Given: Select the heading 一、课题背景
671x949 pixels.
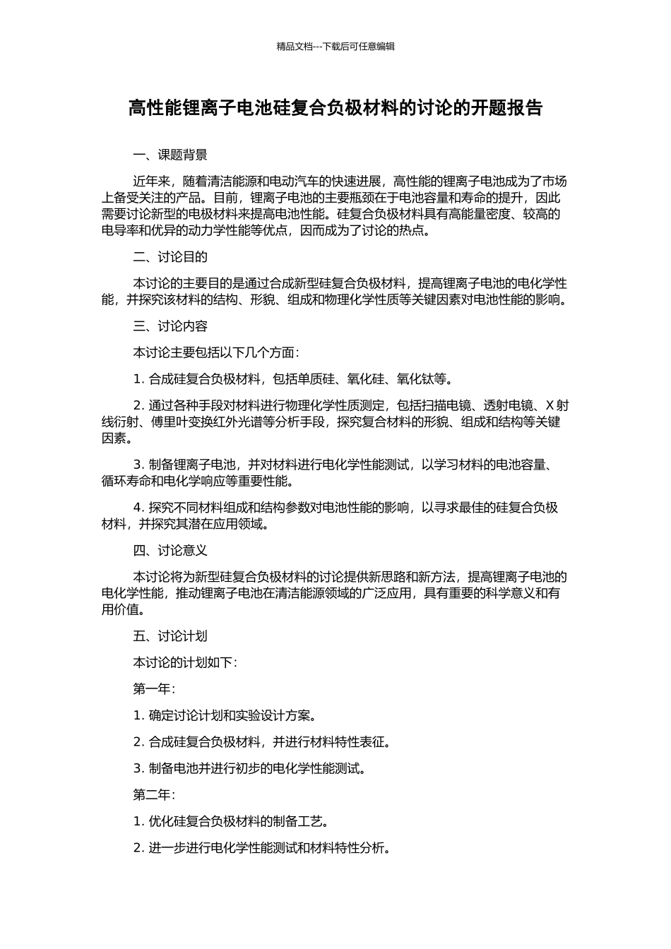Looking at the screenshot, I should point(170,155).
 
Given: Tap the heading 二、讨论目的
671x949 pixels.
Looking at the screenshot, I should point(170,257).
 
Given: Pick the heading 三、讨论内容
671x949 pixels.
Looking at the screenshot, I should point(170,326).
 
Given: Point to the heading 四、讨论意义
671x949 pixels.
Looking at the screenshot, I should point(170,551).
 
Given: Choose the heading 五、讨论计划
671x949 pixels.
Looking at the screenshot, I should point(170,636).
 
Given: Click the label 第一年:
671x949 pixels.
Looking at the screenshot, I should point(154,688).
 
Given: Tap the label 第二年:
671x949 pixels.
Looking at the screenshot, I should point(154,795).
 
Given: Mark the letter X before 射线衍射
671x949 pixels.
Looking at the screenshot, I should point(550,405).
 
